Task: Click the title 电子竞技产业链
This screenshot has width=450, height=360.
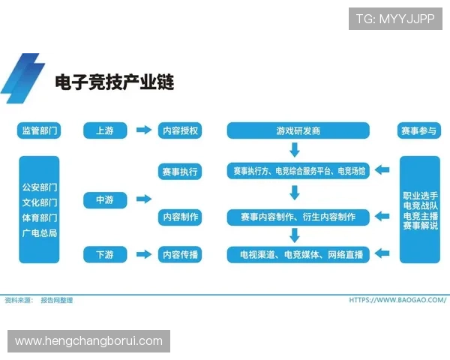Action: pyautogui.click(x=114, y=82)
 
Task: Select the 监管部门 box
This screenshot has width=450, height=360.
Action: pyautogui.click(x=39, y=130)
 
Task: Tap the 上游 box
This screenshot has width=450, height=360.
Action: pyautogui.click(x=104, y=130)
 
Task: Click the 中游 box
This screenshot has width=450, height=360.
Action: pyautogui.click(x=104, y=199)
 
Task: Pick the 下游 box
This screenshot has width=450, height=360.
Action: pyautogui.click(x=104, y=255)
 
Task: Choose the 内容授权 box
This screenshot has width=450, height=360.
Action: pyautogui.click(x=180, y=130)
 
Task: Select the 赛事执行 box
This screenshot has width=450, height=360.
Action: pyautogui.click(x=180, y=172)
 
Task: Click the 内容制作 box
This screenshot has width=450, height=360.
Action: pyautogui.click(x=180, y=217)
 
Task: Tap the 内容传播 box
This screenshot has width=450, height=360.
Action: pyautogui.click(x=180, y=255)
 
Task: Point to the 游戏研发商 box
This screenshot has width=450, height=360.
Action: pyautogui.click(x=298, y=130)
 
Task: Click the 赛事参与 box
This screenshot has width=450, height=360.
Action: pyautogui.click(x=419, y=130)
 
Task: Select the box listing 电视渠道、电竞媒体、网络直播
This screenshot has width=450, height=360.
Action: pyautogui.click(x=298, y=255)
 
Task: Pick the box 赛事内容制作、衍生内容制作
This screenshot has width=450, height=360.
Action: pyautogui.click(x=298, y=217)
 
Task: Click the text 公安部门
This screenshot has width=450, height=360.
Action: pyautogui.click(x=39, y=187)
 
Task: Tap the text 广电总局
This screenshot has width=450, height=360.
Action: pyautogui.click(x=39, y=233)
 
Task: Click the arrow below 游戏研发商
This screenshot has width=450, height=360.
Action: pyautogui.click(x=295, y=151)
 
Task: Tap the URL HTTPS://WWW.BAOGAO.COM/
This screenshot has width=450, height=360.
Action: pyautogui.click(x=397, y=300)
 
